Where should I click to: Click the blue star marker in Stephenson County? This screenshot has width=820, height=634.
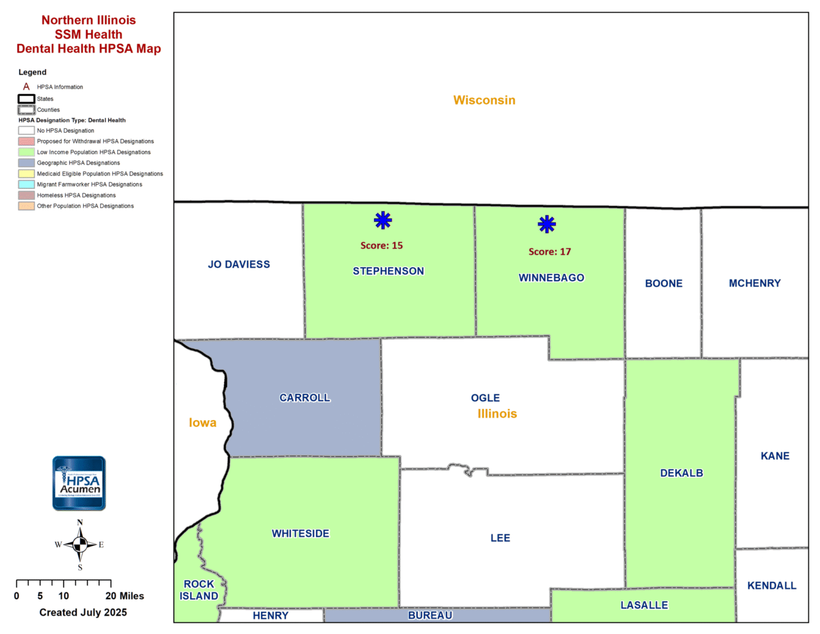(383, 221)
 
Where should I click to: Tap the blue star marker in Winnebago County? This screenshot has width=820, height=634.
(547, 224)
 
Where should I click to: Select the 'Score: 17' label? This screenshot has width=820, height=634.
(550, 252)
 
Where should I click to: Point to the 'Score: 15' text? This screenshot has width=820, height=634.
(381, 245)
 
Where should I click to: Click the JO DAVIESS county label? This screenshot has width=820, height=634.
(239, 265)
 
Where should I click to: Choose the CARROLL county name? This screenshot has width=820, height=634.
(304, 398)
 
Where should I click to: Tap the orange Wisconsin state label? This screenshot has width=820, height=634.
(484, 100)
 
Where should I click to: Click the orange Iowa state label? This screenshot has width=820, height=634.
(202, 423)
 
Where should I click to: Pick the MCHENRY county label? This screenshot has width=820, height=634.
(754, 284)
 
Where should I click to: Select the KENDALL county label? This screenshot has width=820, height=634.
(771, 586)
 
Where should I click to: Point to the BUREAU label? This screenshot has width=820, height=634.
(430, 615)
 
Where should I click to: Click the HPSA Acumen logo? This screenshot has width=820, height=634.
(79, 483)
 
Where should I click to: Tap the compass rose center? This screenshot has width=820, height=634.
(80, 545)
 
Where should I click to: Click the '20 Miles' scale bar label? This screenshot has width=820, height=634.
(124, 596)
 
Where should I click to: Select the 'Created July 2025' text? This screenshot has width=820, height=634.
(83, 612)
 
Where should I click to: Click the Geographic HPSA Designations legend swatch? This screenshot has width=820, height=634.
(26, 163)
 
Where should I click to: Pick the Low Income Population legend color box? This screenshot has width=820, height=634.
(26, 152)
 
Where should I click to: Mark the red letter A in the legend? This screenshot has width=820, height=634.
(26, 87)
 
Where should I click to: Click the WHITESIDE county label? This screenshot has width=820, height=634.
(300, 534)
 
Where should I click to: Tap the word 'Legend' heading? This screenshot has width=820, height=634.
(32, 72)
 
